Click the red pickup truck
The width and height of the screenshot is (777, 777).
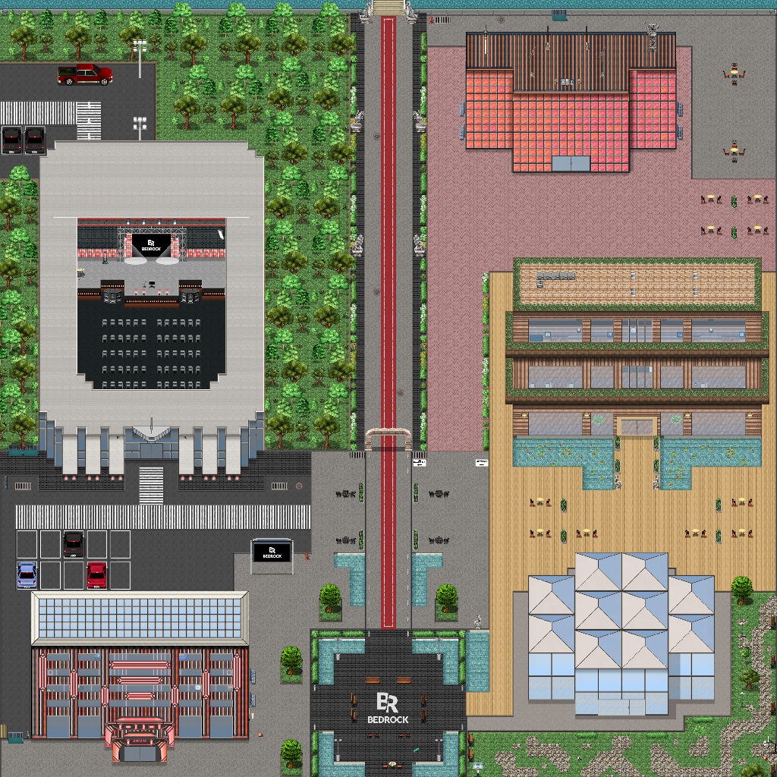[x=85, y=74]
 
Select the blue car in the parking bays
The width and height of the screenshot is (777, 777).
[x=27, y=575]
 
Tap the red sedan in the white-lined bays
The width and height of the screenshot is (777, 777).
[x=96, y=574]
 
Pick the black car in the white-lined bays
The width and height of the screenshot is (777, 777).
[x=73, y=543]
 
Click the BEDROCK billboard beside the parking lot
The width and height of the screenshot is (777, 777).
[x=272, y=552]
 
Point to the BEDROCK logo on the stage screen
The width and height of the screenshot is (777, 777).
[x=150, y=244]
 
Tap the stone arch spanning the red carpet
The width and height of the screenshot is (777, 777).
[x=388, y=439]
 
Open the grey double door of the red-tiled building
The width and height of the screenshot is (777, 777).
[x=571, y=163]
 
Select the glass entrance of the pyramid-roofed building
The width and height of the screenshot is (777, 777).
[x=621, y=706]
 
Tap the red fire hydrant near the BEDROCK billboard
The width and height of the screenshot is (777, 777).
[x=307, y=556]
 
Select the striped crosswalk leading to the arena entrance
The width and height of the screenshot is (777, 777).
[x=151, y=484]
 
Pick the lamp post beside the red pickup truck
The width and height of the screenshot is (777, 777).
[x=140, y=57]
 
